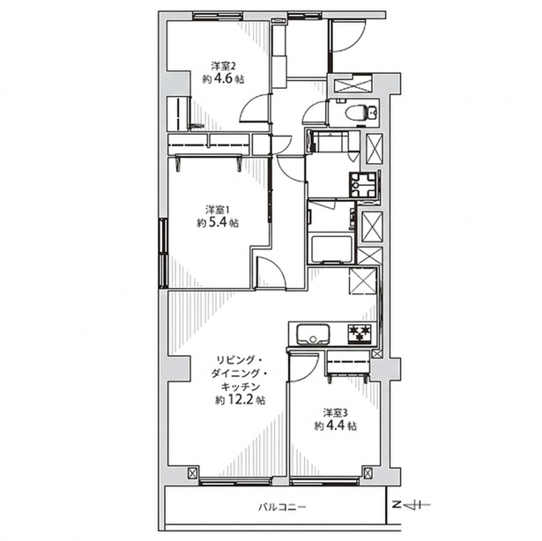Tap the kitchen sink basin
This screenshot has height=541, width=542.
click(313, 334)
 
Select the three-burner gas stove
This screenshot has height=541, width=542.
click(360, 334)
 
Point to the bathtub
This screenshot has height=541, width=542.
click(331, 249)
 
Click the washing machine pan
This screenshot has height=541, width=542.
click(363, 185)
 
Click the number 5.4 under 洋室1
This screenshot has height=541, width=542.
click(217, 222)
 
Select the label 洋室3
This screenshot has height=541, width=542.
click(335, 412)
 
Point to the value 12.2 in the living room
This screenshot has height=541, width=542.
click(240, 400)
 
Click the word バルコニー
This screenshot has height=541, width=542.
click(282, 508)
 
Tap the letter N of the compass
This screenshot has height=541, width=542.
click(396, 505)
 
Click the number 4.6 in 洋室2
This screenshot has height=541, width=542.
click(223, 78)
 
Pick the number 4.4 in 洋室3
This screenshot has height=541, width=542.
click(335, 426)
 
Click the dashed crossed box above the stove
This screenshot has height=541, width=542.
click(362, 281)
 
